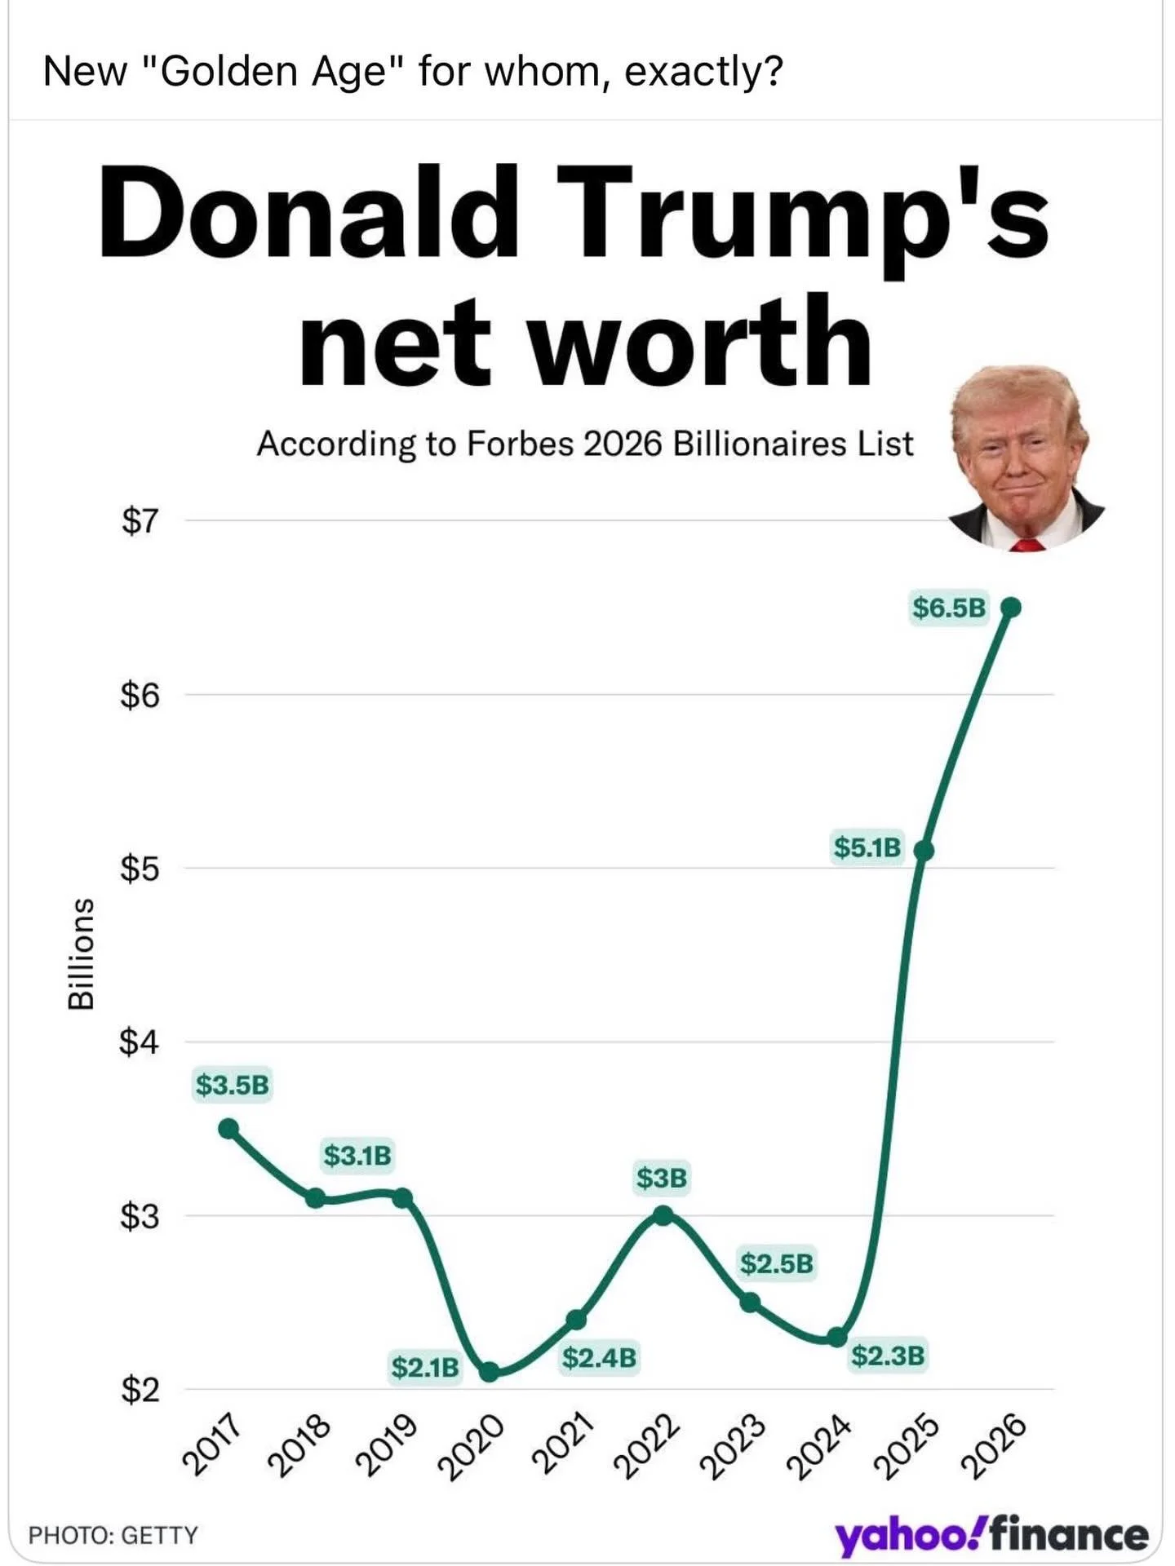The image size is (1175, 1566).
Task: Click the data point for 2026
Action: pos(1010,608)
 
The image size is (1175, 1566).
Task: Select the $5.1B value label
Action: pos(867,847)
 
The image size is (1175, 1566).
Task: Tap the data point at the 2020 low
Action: pos(490,1372)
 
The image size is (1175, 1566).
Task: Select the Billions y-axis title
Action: pos(80,954)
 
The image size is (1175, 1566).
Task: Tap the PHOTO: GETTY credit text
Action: pos(113,1535)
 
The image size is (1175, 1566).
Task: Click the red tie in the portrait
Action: pos(1027,544)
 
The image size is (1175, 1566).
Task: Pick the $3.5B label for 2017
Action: pos(232,1086)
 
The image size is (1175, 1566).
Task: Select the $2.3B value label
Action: pos(888,1356)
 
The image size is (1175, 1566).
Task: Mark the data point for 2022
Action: pos(663,1216)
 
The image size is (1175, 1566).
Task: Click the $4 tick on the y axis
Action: pos(140,1042)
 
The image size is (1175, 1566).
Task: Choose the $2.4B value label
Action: pos(599,1358)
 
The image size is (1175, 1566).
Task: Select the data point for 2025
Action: pos(924,851)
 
